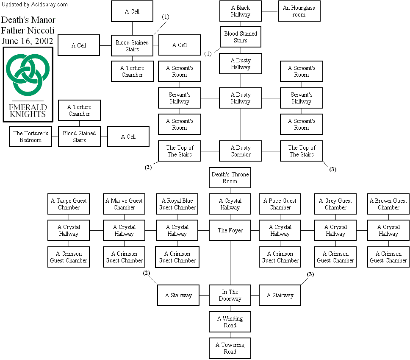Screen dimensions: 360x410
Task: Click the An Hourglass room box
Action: tap(299, 11)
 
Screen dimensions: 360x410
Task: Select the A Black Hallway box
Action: tap(241, 11)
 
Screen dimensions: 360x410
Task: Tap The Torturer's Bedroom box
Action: tap(30, 137)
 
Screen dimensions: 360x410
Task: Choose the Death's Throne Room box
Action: tap(230, 178)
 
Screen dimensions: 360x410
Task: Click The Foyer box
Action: tap(230, 230)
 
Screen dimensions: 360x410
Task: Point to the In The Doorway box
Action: tap(230, 295)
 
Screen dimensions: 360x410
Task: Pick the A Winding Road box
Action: tap(230, 322)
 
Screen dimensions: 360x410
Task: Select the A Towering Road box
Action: tap(230, 348)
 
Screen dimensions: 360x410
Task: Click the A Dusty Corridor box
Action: tap(241, 151)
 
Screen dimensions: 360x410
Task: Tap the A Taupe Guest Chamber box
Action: tap(69, 204)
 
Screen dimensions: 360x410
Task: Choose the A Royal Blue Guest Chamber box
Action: tap(177, 204)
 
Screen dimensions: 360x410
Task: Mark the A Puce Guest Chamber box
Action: tap(280, 204)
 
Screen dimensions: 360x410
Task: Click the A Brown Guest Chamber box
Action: tap(388, 204)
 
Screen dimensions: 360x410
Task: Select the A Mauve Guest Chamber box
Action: tap(124, 204)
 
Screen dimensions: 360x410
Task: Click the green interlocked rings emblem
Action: tap(28, 75)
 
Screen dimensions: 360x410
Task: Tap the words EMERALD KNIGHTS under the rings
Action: tap(27, 110)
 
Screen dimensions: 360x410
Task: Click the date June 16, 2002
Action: tap(27, 41)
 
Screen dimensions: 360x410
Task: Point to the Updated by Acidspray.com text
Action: tap(35, 5)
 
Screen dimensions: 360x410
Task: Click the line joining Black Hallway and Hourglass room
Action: tap(269, 11)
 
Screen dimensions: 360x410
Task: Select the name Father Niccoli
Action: tap(28, 31)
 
